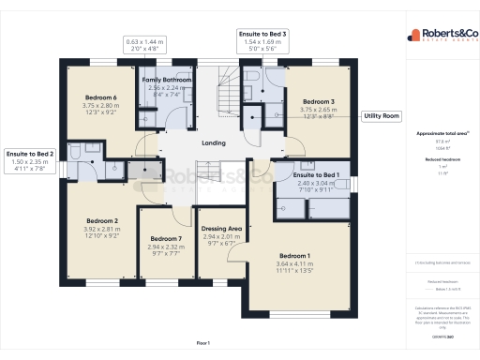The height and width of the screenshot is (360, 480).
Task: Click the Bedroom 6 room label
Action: pos(101,98)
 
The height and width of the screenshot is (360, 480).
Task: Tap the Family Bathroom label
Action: pos(166,82)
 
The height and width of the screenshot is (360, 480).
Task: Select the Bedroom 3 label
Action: pos(318,101)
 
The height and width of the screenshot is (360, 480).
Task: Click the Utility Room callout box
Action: pos(381,116)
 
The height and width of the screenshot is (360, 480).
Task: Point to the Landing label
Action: pos(214,142)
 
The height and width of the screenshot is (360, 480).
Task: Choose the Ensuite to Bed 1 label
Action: pos(315,176)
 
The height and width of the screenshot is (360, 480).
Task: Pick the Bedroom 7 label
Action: pos(166,239)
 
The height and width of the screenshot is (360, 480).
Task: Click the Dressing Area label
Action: pos(223,229)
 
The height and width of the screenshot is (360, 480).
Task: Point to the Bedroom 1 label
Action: pos(294,255)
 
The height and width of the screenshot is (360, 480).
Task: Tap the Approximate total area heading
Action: pos(436,134)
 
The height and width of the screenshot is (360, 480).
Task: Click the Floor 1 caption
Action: pos(202,344)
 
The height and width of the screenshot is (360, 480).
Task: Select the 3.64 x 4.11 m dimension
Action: pos(294,264)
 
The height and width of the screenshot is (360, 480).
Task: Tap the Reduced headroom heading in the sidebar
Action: pos(436,160)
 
